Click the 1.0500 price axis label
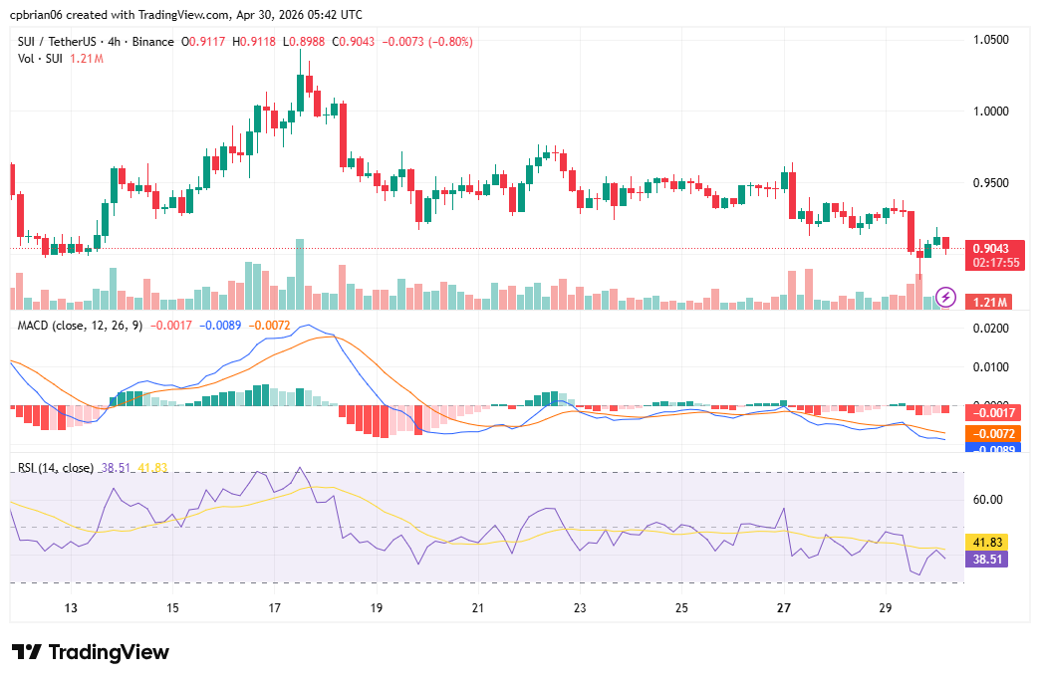click(992, 40)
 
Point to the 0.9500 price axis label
click(992, 183)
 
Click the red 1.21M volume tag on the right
click(992, 302)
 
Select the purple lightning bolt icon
click(946, 297)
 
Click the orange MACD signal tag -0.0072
click(995, 434)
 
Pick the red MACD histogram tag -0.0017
click(995, 413)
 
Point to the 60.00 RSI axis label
click(988, 500)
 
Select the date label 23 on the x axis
click(580, 607)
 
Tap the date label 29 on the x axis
click(886, 607)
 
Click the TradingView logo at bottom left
click(91, 652)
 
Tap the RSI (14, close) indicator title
click(56, 467)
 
